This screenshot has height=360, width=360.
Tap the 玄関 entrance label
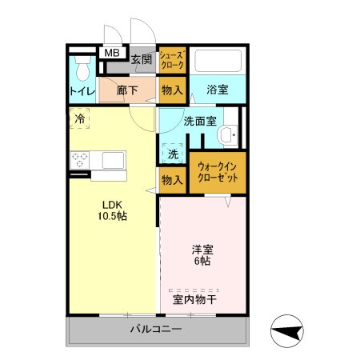click(142, 58)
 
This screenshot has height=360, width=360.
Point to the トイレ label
click(81, 90)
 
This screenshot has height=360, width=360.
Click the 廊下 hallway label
click(127, 90)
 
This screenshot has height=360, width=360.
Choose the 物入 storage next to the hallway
click(172, 90)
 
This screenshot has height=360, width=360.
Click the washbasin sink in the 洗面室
click(228, 135)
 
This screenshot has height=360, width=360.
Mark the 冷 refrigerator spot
click(80, 119)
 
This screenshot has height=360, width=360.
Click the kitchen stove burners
click(81, 159)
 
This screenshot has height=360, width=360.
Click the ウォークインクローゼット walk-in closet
click(217, 171)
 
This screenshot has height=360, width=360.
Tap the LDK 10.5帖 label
click(112, 210)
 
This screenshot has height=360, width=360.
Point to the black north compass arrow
click(289, 330)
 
